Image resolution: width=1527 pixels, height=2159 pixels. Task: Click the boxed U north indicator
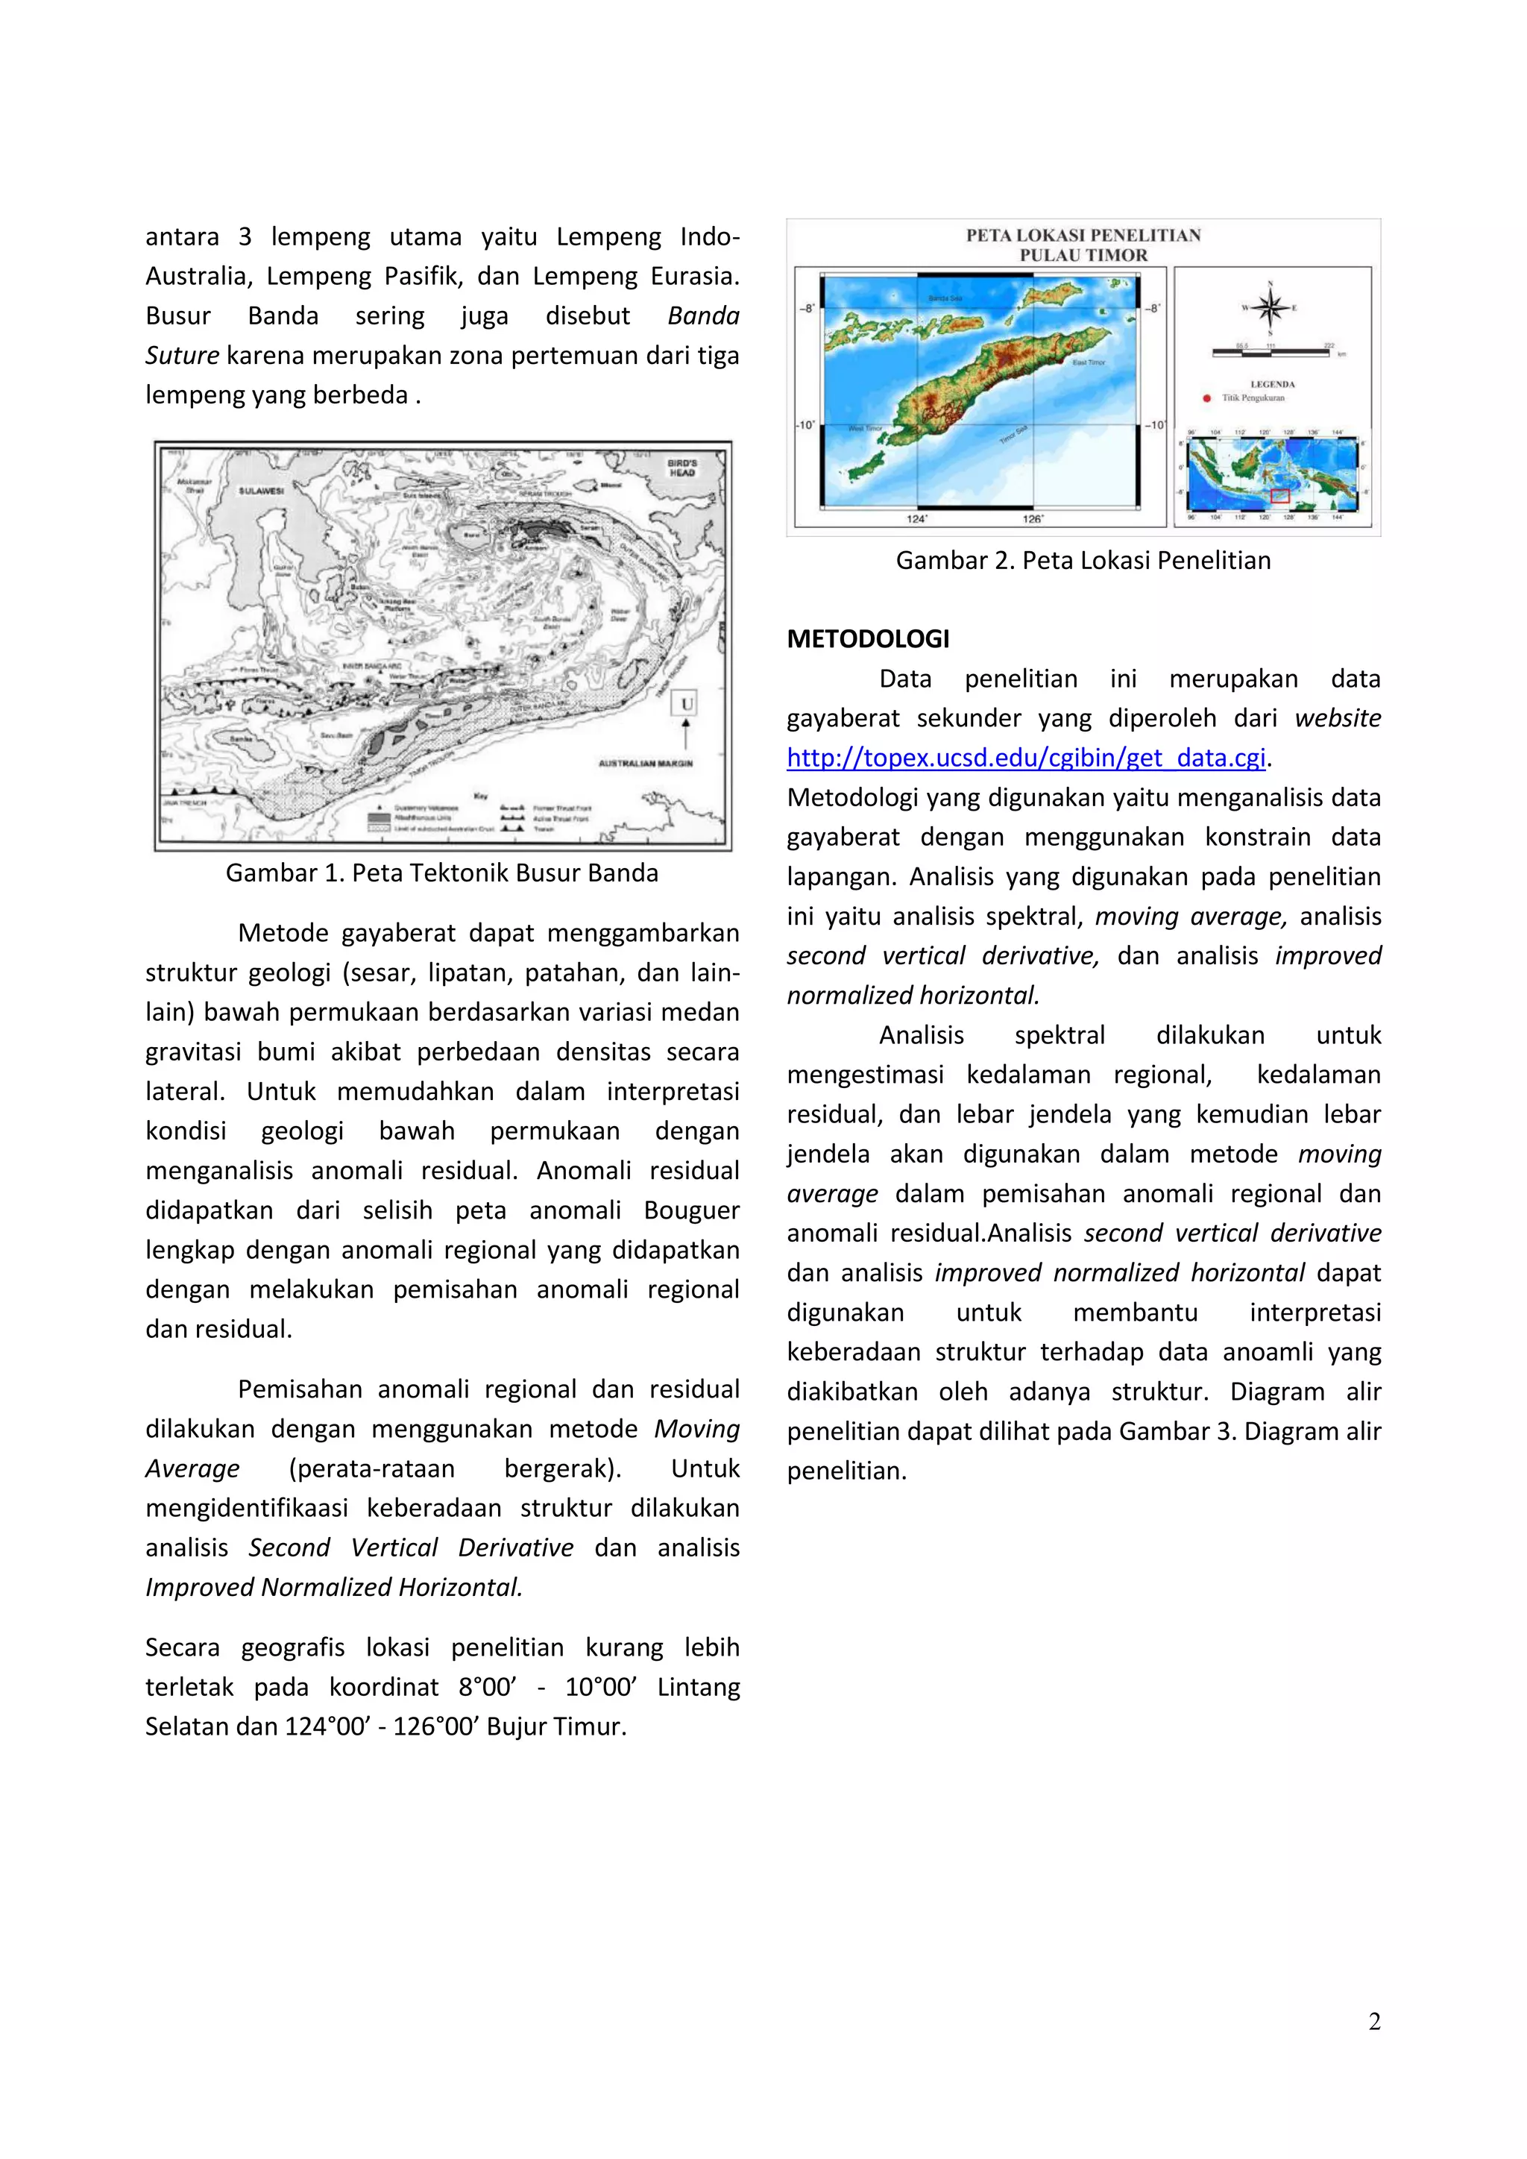pos(687,703)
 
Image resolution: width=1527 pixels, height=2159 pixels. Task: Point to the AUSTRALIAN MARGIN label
pos(645,763)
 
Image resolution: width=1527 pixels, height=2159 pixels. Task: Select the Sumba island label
pos(242,739)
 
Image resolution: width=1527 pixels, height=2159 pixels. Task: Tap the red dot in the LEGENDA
pos(1207,397)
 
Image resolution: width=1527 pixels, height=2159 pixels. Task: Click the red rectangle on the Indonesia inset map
pos(1279,494)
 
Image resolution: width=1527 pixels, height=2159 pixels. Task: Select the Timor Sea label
pos(1013,436)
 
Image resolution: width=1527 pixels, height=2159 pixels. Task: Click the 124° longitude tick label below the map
pos(917,518)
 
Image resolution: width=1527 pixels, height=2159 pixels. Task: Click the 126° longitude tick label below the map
pos(1033,518)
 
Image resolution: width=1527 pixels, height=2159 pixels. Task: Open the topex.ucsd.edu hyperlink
pos(1026,758)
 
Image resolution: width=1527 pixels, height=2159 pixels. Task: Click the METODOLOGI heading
pos(868,639)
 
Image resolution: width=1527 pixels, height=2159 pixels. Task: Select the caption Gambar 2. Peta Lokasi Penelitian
pos(1083,560)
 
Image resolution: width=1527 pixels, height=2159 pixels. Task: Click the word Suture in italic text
pos(183,356)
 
